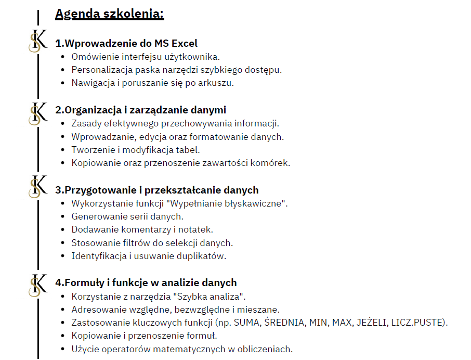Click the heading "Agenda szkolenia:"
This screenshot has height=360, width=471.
tap(109, 14)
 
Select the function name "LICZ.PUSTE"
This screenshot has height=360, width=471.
tap(420, 323)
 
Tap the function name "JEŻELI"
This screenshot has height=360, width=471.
tap(372, 323)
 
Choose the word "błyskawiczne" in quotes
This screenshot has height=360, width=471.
tap(256, 203)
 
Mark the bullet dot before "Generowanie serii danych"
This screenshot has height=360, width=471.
tap(63, 216)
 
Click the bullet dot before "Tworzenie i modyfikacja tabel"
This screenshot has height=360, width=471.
tap(63, 150)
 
